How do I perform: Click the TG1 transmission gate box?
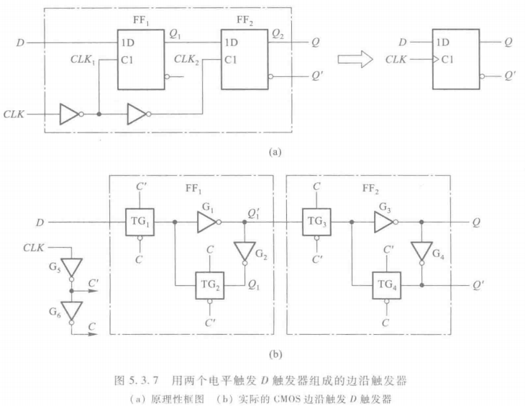point(140,222)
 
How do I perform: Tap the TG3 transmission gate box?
point(316,222)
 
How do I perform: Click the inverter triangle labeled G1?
point(206,222)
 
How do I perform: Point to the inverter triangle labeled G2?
point(244,251)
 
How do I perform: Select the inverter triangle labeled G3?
point(383,222)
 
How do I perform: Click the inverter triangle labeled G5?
point(71,267)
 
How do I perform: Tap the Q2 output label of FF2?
point(278,34)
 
